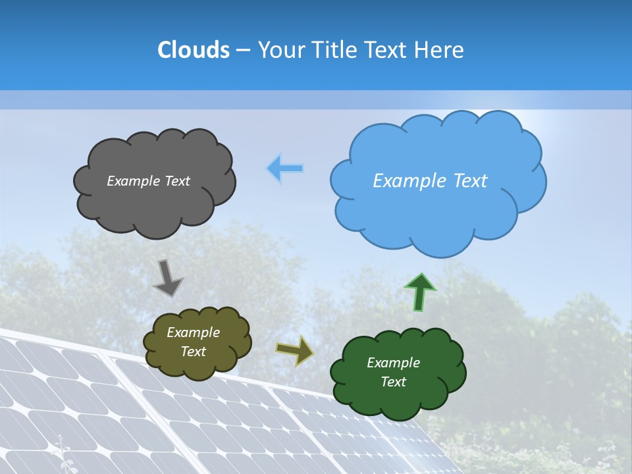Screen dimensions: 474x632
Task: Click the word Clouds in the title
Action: tap(194, 50)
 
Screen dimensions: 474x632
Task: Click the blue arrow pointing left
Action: tap(285, 169)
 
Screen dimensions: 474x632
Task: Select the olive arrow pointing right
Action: tap(295, 350)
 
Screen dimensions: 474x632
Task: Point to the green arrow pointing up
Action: tap(419, 292)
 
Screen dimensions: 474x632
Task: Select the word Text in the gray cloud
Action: tap(176, 181)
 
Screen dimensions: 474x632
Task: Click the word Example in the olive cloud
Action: tap(193, 332)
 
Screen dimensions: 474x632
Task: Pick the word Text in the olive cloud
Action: tap(193, 352)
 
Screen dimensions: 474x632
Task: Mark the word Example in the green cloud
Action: tap(393, 363)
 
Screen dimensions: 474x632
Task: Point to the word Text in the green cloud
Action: tap(393, 382)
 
